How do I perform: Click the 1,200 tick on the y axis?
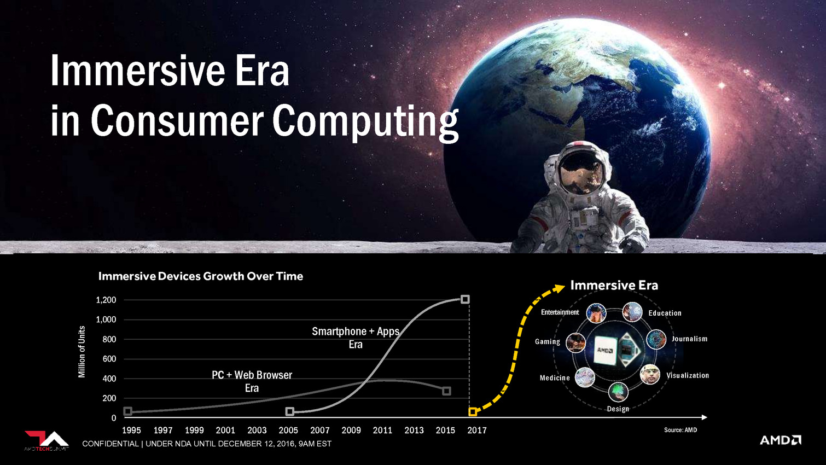coord(106,300)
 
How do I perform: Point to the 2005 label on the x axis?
coord(288,431)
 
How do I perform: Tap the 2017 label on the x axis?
coord(477,431)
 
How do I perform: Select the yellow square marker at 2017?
coord(473,412)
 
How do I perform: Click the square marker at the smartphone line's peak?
coord(465,299)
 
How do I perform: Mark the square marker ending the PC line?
coord(446,391)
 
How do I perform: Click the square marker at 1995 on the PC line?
coord(127,411)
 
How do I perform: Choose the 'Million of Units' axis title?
coord(82,352)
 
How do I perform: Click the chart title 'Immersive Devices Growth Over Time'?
coord(201,276)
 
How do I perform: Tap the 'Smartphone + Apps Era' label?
coord(356,338)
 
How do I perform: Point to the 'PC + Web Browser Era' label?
coord(252,381)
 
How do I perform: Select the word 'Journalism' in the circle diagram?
coord(689,339)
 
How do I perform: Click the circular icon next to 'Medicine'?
coord(585,377)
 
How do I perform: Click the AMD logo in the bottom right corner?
coord(780,440)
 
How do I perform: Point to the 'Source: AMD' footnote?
coord(680,430)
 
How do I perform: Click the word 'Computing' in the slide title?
coord(365,121)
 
